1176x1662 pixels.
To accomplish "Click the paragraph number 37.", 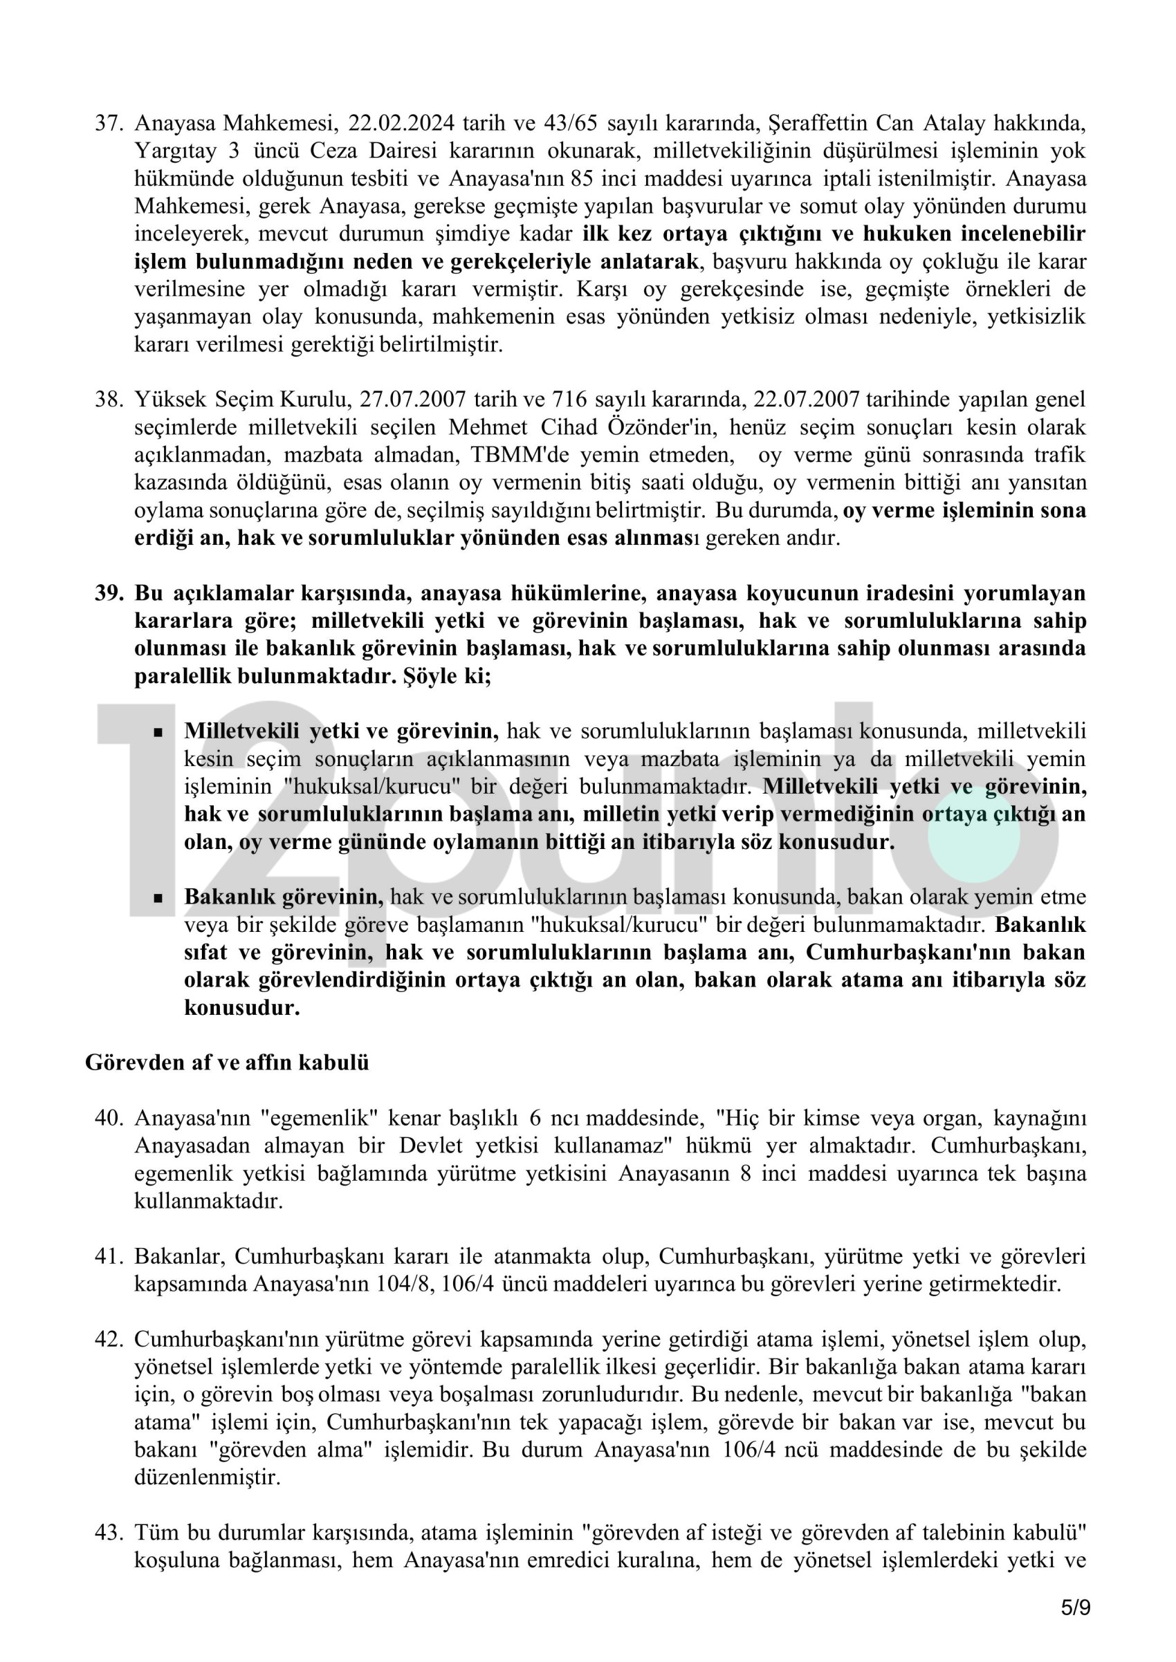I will pyautogui.click(x=109, y=124).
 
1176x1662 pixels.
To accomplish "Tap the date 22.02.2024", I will pyautogui.click(x=401, y=124).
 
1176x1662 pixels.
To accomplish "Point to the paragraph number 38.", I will pyautogui.click(x=109, y=400).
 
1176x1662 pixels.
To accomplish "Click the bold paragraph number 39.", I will pyautogui.click(x=109, y=594).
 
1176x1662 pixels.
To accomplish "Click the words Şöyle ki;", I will pyautogui.click(x=447, y=677).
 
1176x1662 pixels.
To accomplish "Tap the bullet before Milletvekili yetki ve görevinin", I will pyautogui.click(x=158, y=733).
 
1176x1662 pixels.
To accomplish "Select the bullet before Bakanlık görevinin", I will pyautogui.click(x=158, y=898).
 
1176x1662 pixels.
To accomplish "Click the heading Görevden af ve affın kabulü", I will pyautogui.click(x=227, y=1063).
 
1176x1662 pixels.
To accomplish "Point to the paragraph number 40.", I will pyautogui.click(x=109, y=1119).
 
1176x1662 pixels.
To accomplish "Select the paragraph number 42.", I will pyautogui.click(x=109, y=1340).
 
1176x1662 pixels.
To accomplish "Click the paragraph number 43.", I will pyautogui.click(x=109, y=1533).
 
